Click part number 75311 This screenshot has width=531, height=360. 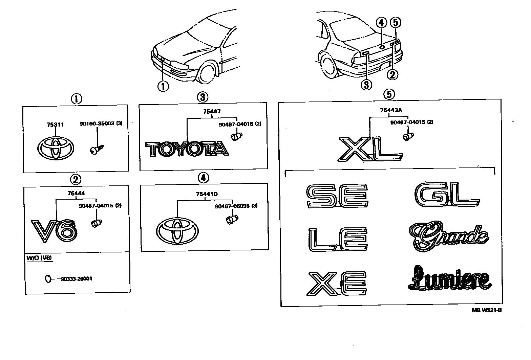click(55, 125)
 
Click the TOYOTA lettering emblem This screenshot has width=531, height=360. click(187, 149)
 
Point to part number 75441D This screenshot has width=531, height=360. click(207, 194)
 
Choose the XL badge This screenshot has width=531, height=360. click(370, 149)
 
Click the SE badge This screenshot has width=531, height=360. click(337, 196)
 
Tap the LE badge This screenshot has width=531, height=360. click(338, 240)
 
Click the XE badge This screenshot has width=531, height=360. click(337, 283)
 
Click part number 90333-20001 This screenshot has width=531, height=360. click(77, 279)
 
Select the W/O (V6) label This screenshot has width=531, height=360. click(37, 258)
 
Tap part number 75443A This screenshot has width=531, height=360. click(389, 110)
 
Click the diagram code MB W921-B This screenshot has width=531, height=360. click(487, 310)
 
